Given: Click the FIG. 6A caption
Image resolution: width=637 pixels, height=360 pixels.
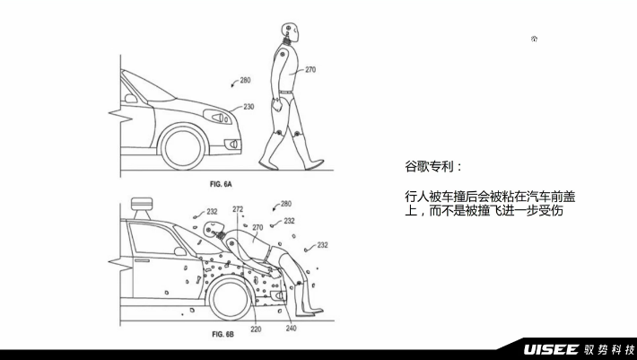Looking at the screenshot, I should [222, 184].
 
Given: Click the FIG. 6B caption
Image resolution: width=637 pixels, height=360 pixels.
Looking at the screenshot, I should [222, 334].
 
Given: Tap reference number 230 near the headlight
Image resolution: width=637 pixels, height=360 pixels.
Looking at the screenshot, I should [248, 107].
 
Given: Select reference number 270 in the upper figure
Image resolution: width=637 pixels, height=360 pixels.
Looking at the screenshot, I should [310, 68].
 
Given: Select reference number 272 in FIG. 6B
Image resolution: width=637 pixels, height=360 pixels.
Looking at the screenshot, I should [238, 209].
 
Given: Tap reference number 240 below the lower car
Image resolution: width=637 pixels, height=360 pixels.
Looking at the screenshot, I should [290, 329].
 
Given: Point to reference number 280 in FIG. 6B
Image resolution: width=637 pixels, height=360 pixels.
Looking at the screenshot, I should [285, 204].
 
